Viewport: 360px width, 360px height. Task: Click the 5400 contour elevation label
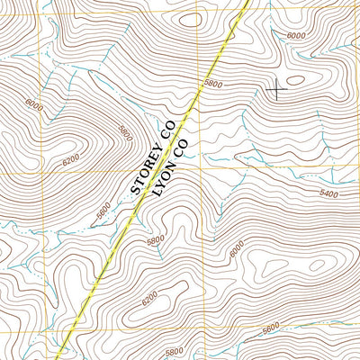point(329,194)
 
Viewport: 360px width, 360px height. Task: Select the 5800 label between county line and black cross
point(213,84)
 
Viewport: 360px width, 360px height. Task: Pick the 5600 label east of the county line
point(270,329)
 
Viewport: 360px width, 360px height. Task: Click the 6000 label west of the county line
point(34,104)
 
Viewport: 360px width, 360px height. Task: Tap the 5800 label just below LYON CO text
point(157,240)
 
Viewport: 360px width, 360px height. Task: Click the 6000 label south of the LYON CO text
point(237,247)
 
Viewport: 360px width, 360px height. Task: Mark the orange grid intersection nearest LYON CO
point(199,170)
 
